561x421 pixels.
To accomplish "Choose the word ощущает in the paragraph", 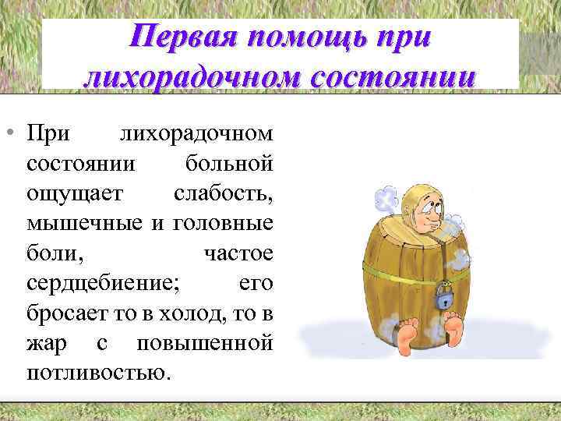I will (x=72, y=194).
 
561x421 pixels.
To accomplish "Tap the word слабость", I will (x=223, y=194).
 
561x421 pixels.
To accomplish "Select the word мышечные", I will (x=84, y=224).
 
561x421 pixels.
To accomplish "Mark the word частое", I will (x=238, y=253).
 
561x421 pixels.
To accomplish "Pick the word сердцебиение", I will (x=103, y=283).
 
